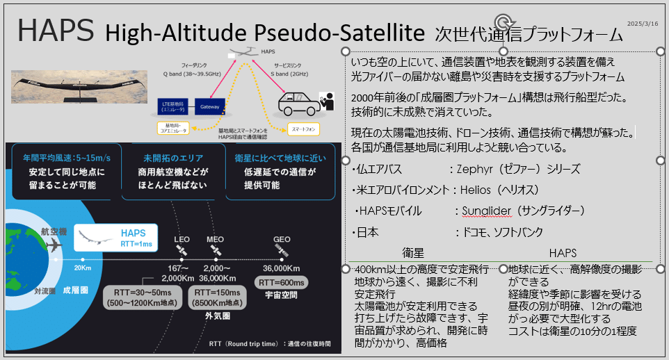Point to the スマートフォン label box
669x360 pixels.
[x=305, y=129]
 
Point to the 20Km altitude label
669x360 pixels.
[x=83, y=268]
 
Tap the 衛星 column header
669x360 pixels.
[x=414, y=254]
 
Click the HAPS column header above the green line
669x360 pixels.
[x=563, y=254]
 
